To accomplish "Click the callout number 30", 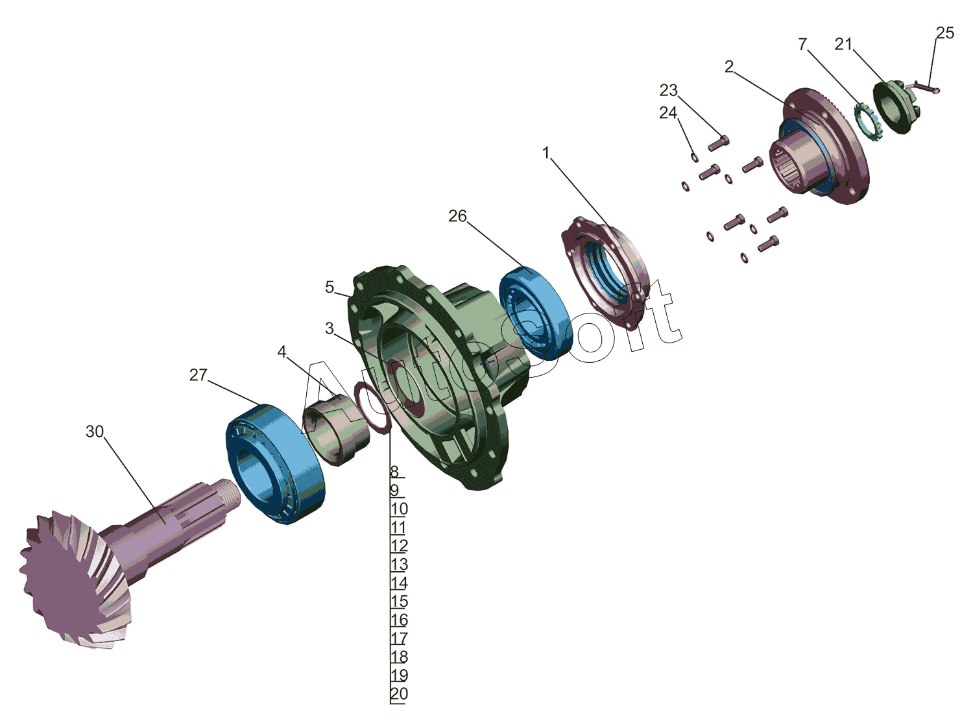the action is [x=94, y=432].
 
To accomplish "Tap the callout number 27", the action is [x=198, y=374].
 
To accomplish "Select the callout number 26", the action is [x=457, y=216].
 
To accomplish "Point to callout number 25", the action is [x=944, y=33].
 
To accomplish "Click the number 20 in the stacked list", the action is [x=399, y=693].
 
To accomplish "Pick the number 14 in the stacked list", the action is [x=399, y=583].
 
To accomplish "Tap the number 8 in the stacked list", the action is [x=394, y=472].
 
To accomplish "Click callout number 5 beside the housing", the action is [x=330, y=287].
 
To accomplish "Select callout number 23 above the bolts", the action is [x=669, y=90].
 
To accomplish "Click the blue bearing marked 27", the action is [x=276, y=464].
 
